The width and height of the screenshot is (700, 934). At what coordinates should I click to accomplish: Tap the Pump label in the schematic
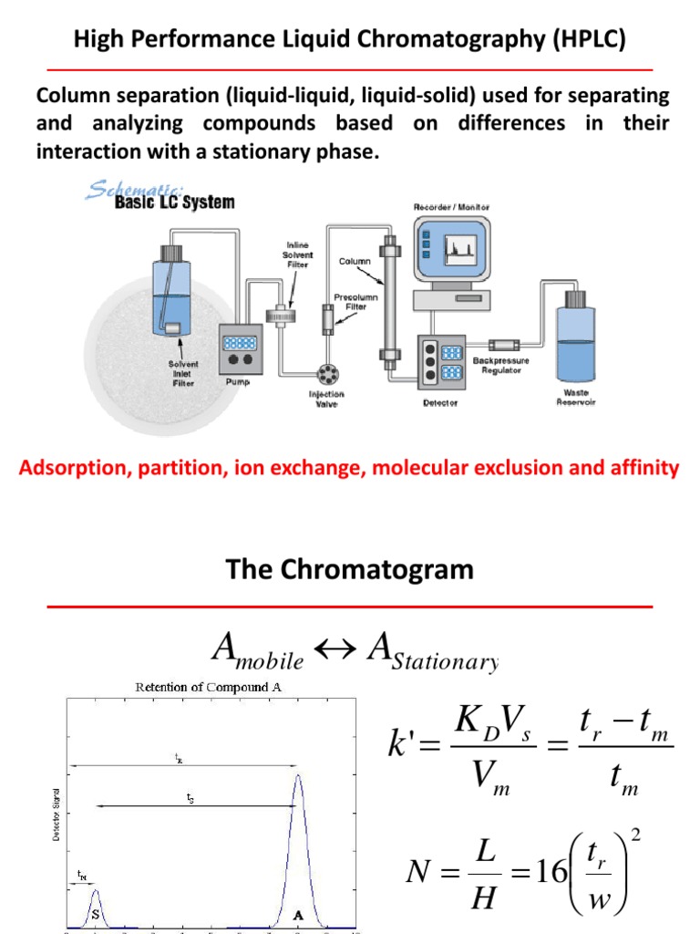(x=236, y=384)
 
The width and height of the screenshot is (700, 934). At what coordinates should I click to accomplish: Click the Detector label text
(x=440, y=402)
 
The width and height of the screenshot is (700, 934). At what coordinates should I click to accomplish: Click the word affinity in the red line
(x=643, y=469)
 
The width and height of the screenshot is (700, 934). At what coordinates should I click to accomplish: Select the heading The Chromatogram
(x=350, y=570)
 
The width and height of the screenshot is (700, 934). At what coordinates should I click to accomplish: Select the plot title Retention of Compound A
(x=201, y=688)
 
